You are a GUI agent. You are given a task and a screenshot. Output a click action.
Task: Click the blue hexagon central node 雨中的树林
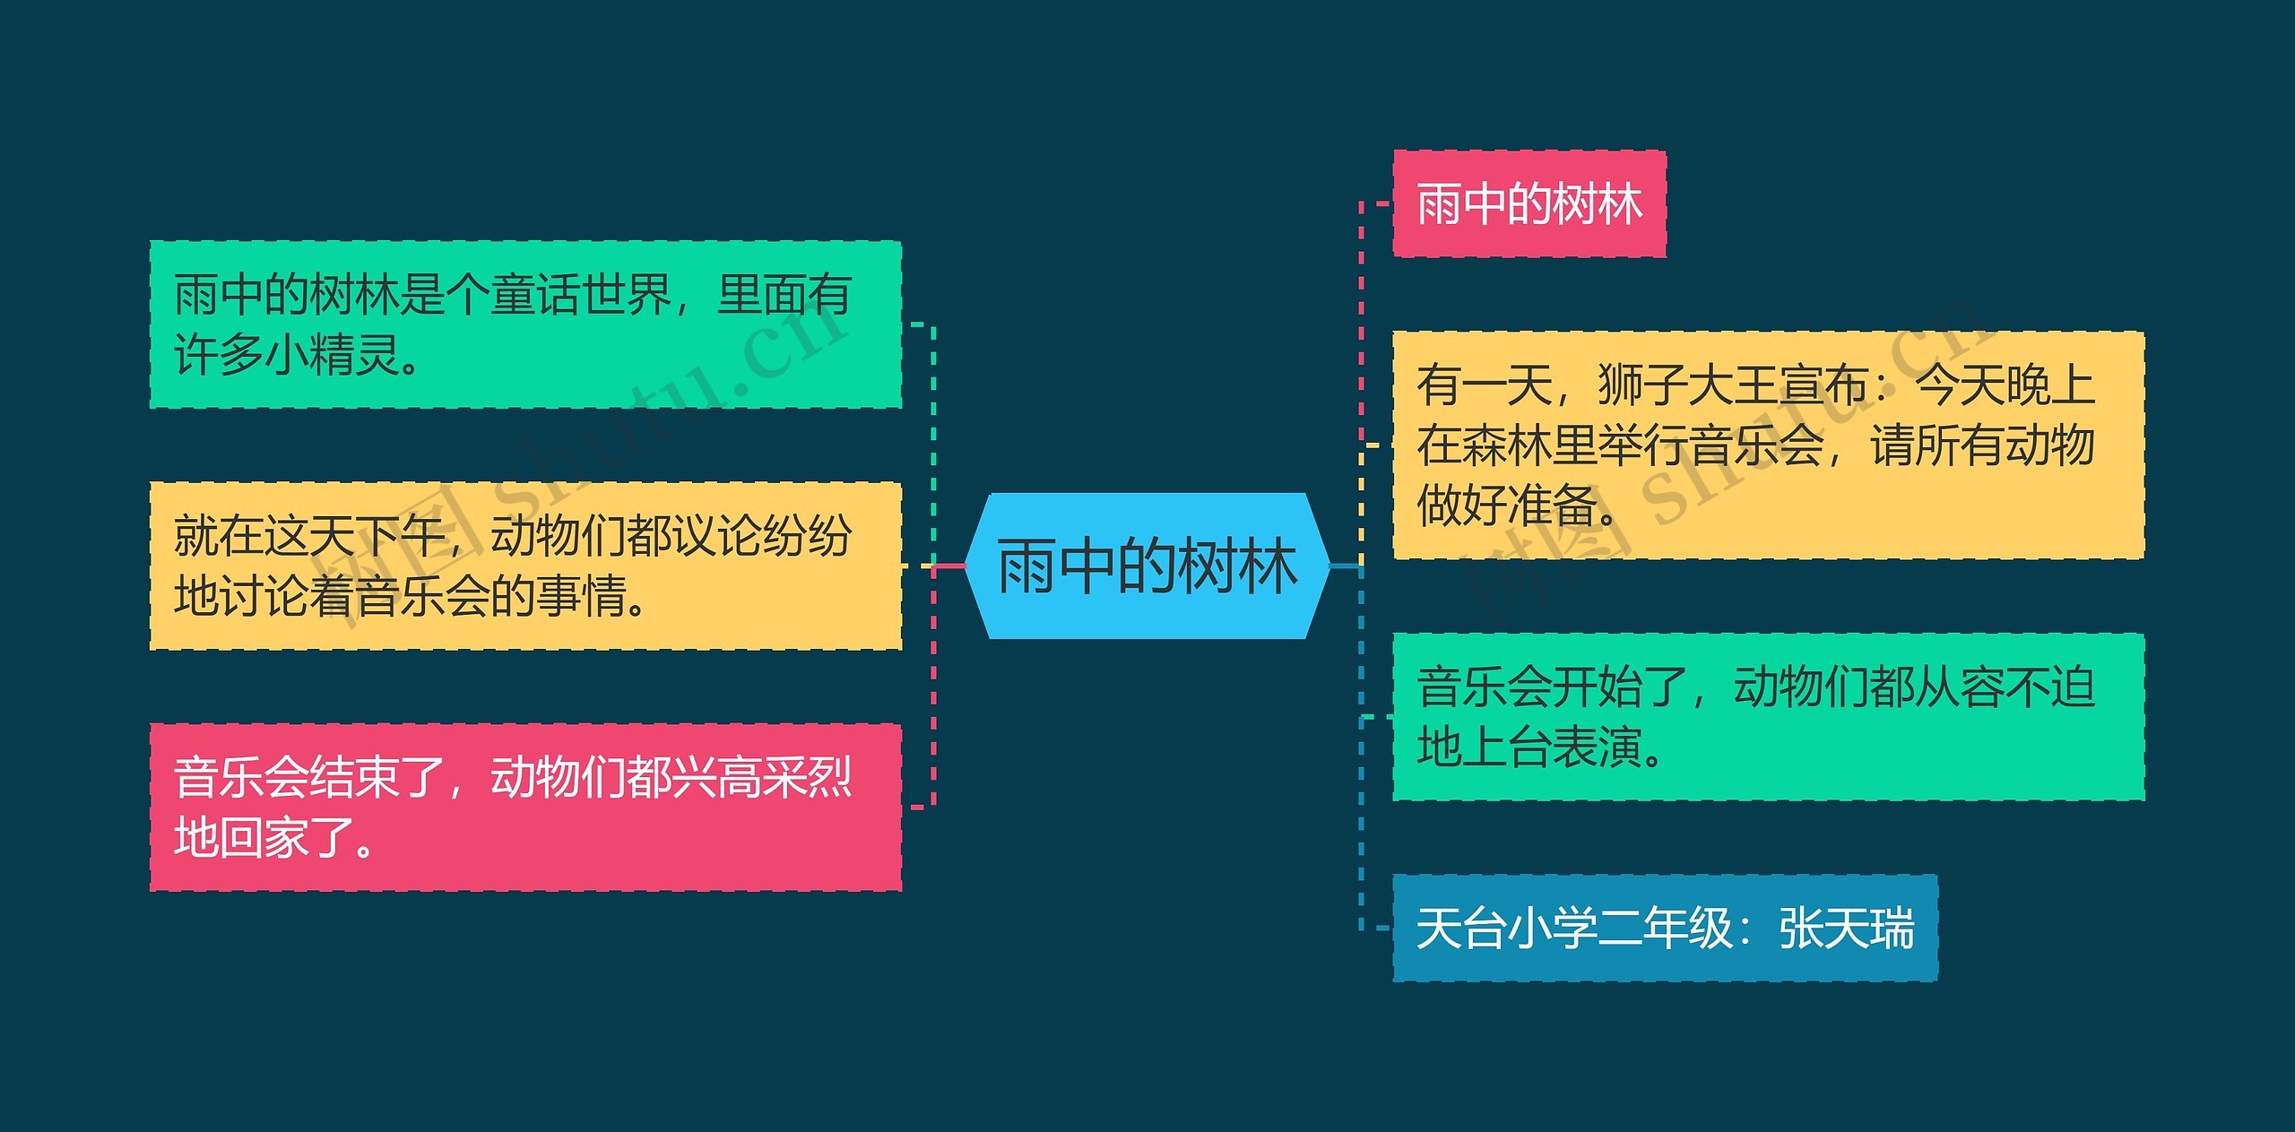(1147, 566)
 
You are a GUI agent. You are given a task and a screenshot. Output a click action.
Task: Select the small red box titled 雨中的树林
(1529, 203)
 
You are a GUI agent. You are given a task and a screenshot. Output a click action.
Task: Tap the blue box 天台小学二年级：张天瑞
(1665, 928)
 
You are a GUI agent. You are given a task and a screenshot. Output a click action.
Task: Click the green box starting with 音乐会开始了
(1768, 717)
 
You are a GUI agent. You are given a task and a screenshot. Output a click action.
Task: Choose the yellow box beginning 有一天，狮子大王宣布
(1768, 445)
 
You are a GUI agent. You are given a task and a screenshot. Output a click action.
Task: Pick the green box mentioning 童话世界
(525, 324)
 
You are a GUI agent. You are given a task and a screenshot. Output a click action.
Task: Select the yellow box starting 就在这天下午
(525, 566)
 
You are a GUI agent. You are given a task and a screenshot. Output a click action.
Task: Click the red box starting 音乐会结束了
(525, 807)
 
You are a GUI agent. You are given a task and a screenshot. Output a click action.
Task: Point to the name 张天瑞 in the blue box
(1847, 928)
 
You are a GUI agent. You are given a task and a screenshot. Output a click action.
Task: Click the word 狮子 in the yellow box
(1642, 385)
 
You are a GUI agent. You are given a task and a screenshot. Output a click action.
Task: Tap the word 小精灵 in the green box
(333, 355)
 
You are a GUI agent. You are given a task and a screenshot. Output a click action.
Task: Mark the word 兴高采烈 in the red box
(762, 777)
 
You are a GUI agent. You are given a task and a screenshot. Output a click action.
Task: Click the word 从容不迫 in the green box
(2005, 687)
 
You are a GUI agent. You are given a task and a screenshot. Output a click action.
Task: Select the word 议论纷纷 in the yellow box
(762, 536)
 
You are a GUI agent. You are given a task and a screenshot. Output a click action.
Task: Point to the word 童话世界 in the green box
(581, 294)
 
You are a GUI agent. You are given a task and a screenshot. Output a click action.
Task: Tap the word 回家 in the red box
(264, 837)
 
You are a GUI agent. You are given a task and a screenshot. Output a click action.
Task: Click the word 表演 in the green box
(1598, 747)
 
